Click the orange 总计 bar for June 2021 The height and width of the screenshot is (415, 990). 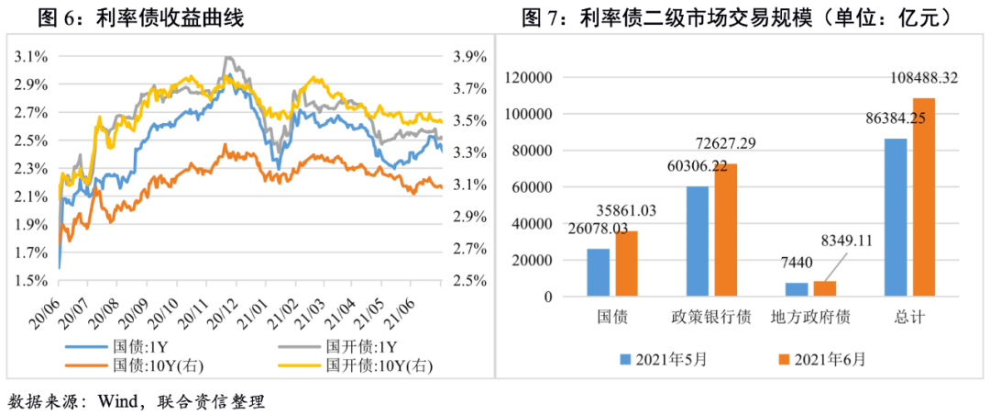tap(924, 197)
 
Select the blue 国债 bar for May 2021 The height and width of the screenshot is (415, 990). tap(598, 273)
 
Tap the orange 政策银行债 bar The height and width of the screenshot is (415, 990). tap(726, 230)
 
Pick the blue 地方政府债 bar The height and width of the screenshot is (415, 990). tap(797, 289)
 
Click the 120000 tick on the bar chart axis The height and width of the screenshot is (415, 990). tap(536, 78)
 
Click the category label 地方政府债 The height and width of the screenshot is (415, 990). tap(811, 318)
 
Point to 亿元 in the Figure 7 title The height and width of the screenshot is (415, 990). tap(914, 17)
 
